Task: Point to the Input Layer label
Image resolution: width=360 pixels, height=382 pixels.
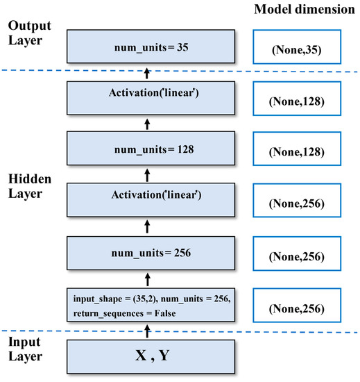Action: pos(26,349)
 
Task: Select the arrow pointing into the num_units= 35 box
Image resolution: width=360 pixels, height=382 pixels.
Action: pos(147,73)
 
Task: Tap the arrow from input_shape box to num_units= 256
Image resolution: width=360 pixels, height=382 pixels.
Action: pos(147,278)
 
